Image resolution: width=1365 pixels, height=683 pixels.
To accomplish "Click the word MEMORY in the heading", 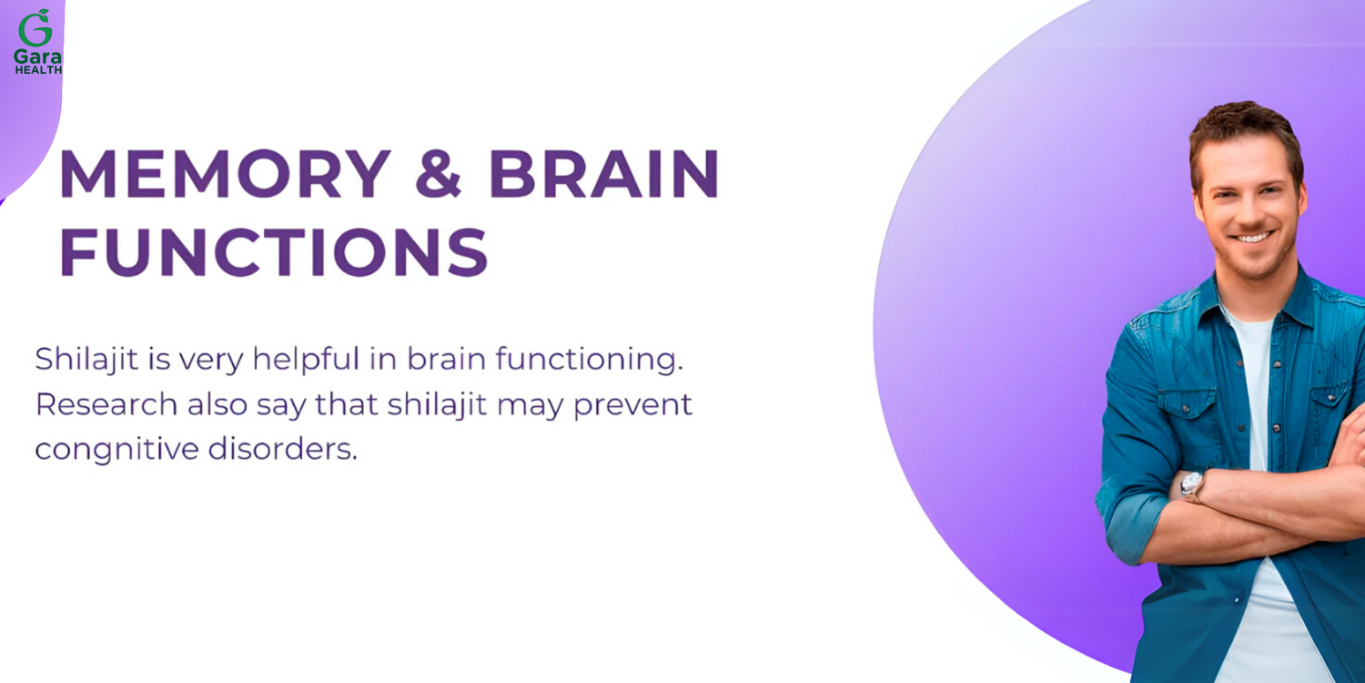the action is (224, 173).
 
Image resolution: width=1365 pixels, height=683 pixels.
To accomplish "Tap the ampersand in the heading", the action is (438, 174).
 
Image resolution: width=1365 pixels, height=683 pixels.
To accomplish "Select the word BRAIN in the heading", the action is (604, 174).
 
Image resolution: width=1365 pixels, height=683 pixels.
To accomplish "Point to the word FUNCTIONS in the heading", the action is (274, 252).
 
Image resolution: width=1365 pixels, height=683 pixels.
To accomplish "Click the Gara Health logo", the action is (38, 42).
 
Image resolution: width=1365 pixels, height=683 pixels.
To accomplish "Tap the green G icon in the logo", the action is (36, 27).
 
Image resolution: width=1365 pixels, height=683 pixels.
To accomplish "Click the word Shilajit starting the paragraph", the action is (86, 359).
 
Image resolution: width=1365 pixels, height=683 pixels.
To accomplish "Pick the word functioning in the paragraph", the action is (589, 359).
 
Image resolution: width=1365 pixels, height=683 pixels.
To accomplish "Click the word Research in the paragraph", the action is (106, 404).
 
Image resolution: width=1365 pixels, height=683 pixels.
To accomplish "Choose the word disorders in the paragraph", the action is (283, 449).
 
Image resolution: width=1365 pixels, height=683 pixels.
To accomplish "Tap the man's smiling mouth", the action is (1253, 237).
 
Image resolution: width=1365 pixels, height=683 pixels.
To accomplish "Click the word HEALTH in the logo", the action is (38, 70).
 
